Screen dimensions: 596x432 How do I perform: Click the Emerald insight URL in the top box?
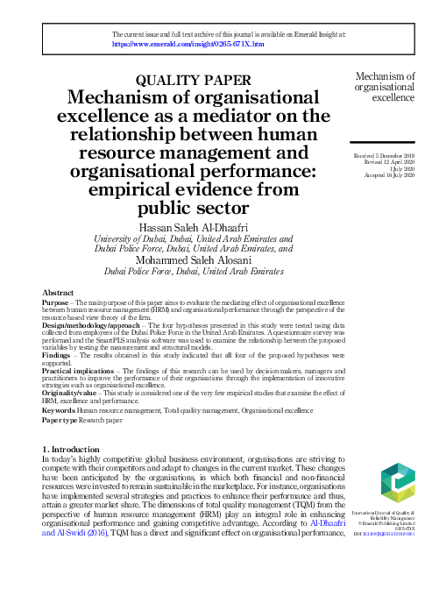coord(188,42)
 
